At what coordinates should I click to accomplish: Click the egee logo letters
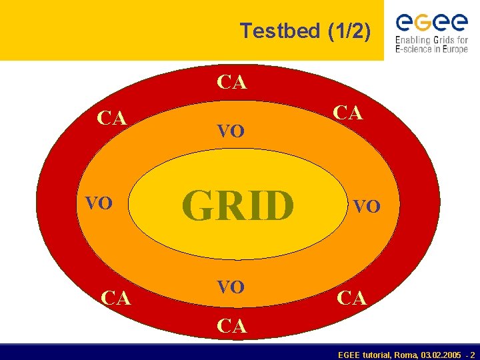(431, 24)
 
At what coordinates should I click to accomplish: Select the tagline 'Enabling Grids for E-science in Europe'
(431, 45)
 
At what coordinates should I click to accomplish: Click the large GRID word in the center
(238, 205)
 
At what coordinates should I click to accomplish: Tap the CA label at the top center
(232, 83)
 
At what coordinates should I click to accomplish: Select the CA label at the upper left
(111, 118)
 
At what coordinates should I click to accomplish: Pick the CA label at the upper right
(349, 112)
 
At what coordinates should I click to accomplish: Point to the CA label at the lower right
(352, 298)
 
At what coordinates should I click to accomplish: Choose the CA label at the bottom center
(232, 326)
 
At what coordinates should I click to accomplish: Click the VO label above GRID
(231, 131)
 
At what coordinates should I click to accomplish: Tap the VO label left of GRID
(98, 203)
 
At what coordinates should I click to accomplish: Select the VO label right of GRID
(367, 207)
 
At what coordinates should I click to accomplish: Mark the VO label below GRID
(231, 287)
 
